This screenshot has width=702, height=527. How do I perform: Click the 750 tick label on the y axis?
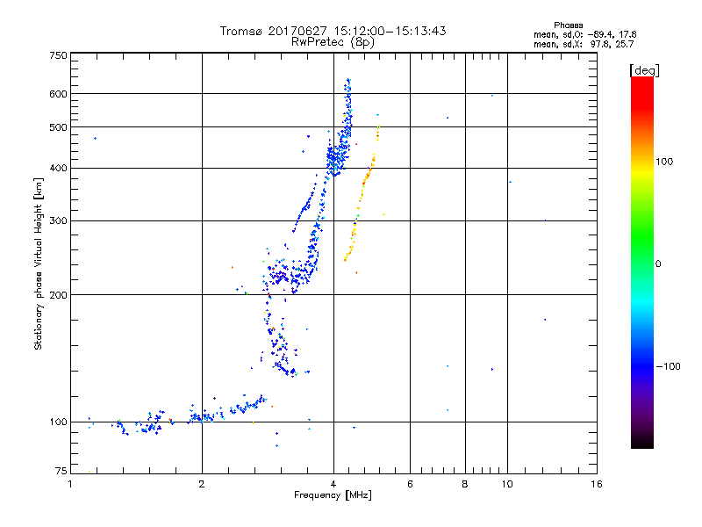[58, 55]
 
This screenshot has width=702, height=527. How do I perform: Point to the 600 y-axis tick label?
[58, 93]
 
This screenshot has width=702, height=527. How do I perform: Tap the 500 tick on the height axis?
[58, 127]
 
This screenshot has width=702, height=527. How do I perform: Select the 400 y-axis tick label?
[58, 168]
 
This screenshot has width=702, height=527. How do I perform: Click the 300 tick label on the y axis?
[58, 220]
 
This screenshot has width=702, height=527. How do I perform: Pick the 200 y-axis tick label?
[58, 294]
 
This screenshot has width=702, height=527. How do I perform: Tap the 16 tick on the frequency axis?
[596, 484]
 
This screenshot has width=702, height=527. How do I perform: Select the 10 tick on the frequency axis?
[506, 484]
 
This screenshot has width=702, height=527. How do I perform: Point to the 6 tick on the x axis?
[410, 484]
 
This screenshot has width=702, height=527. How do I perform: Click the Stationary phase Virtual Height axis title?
[39, 263]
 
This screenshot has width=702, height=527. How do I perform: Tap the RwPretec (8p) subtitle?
[333, 42]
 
